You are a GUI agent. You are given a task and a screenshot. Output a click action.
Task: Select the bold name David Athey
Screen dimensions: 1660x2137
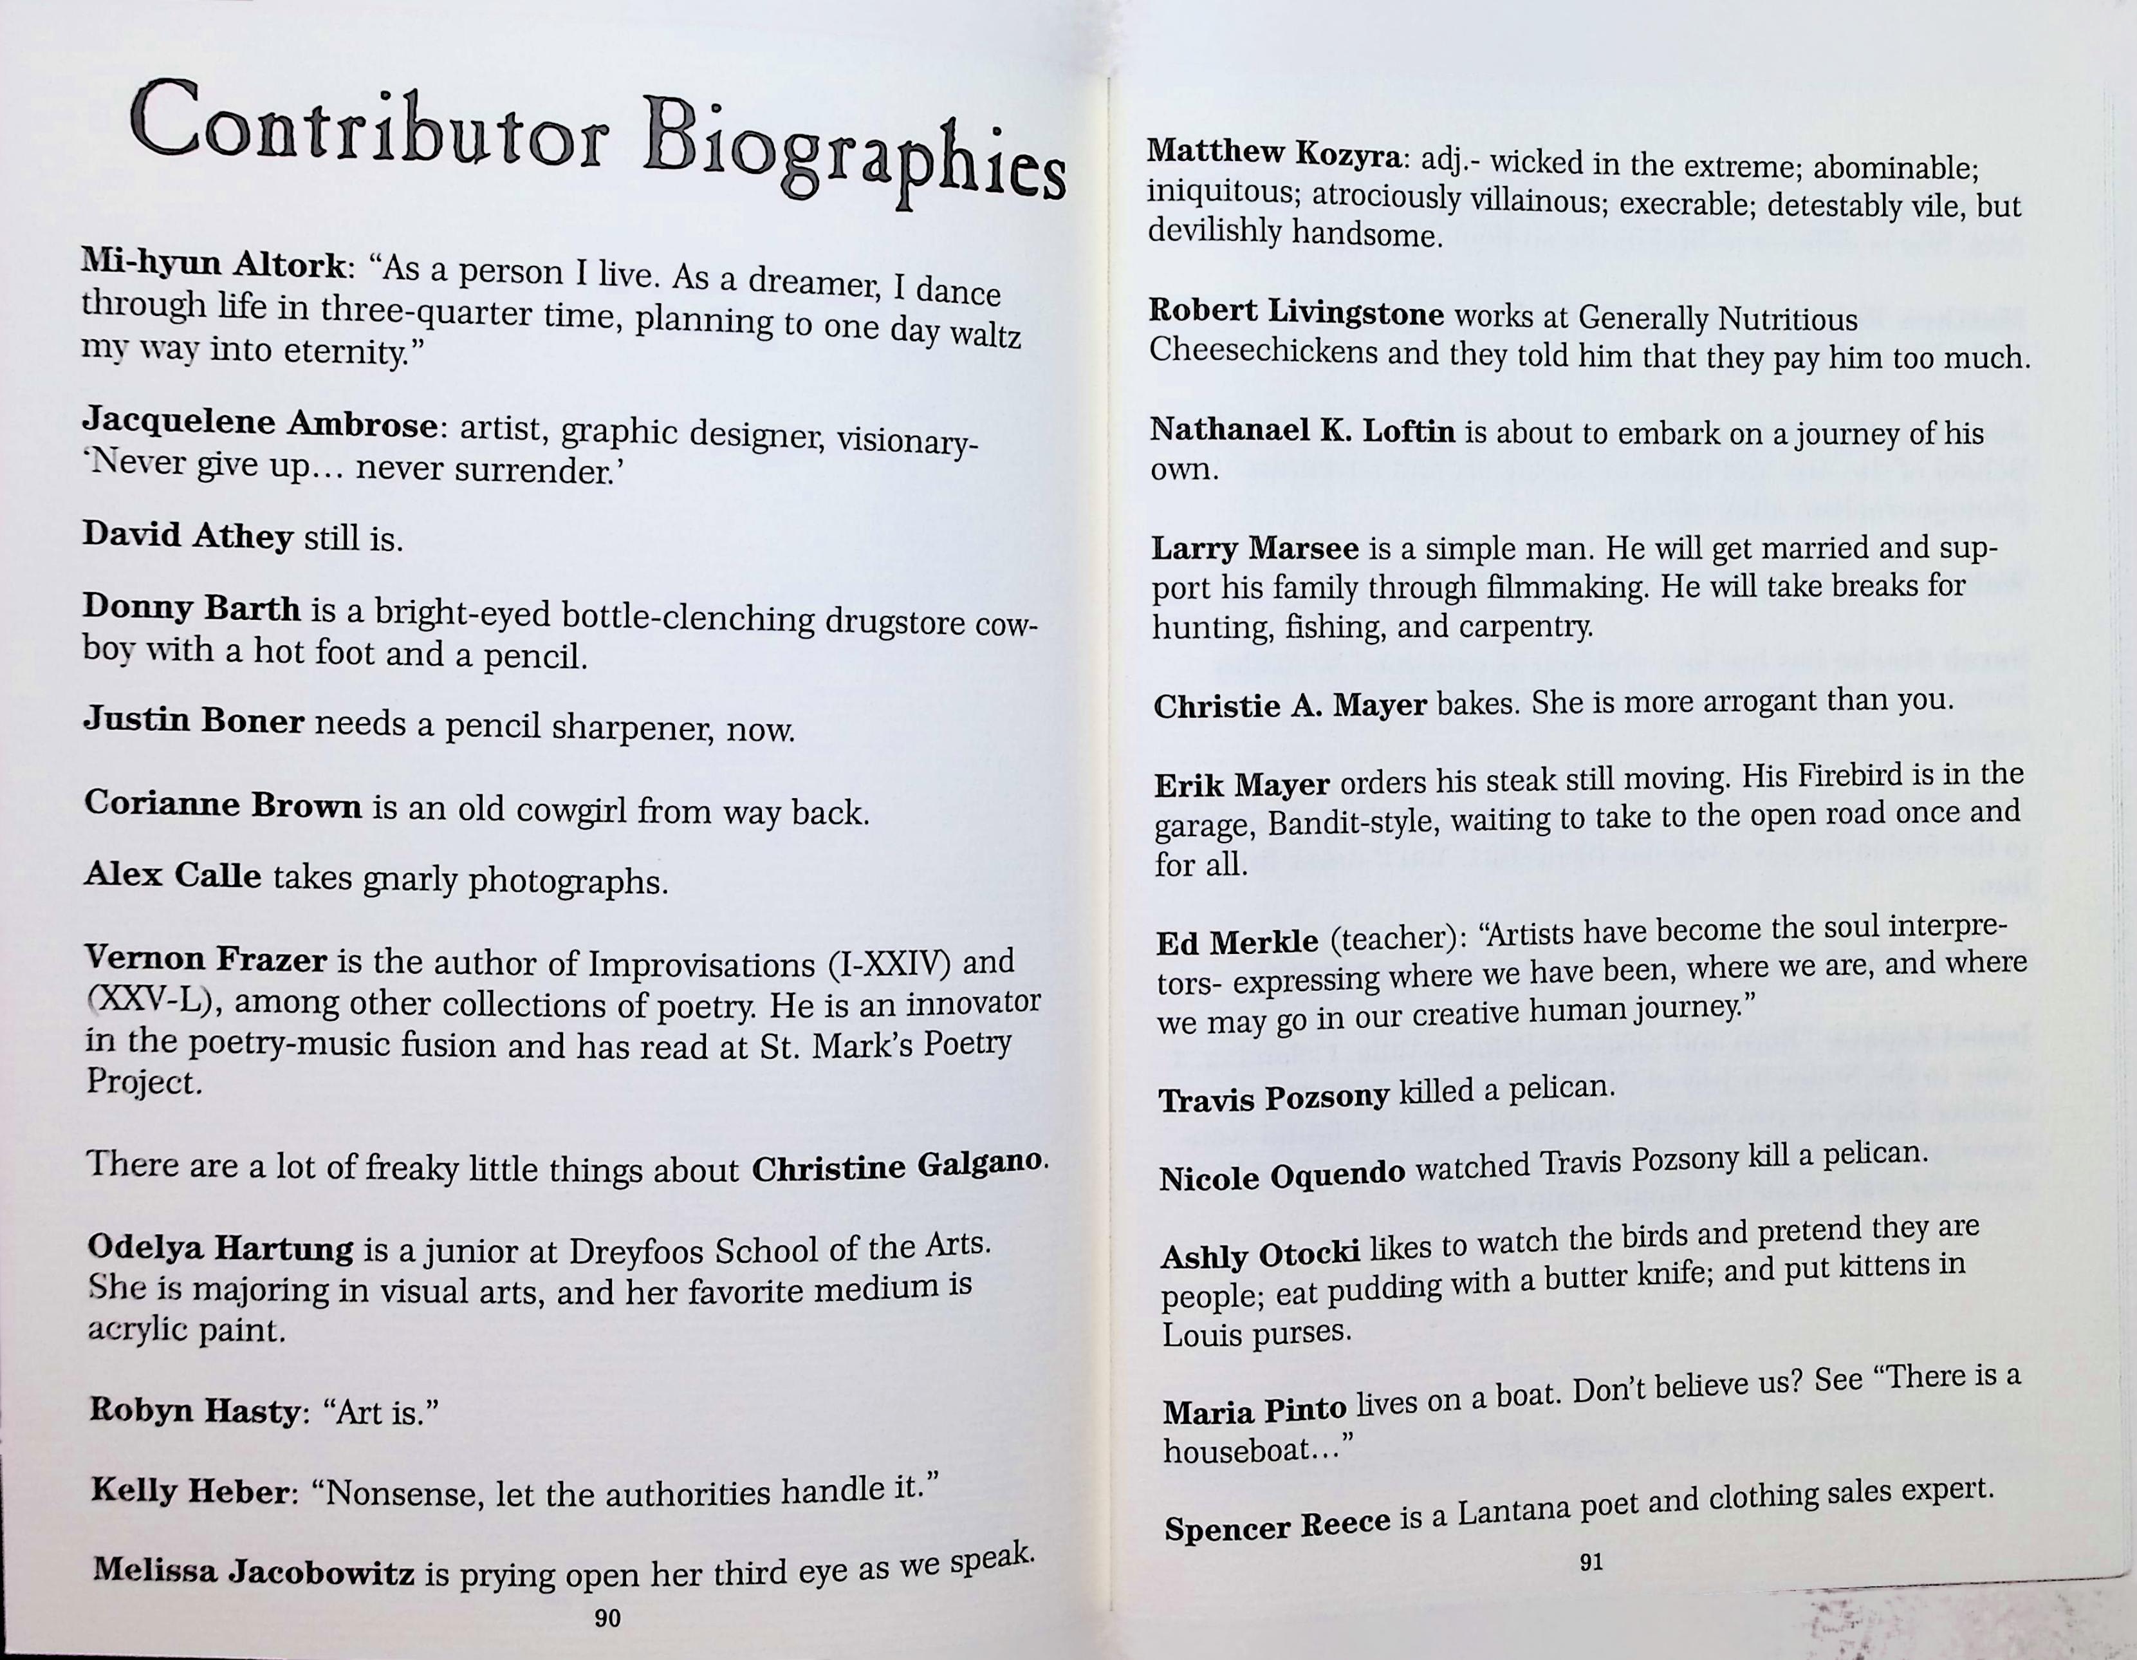(188, 536)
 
